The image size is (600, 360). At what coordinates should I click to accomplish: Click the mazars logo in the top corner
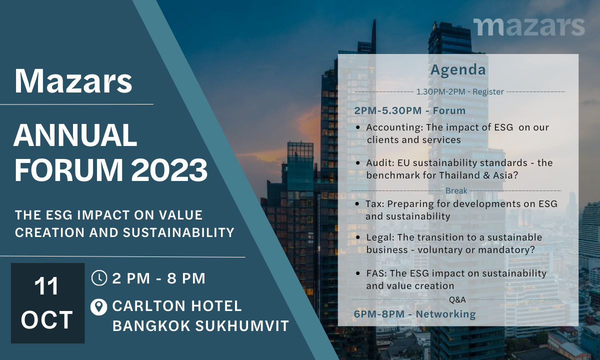coord(529,27)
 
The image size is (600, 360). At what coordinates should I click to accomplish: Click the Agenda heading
coord(458,70)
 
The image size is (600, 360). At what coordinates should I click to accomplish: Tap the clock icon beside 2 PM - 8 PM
coord(99,278)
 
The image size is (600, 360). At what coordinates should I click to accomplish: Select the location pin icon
coord(99,307)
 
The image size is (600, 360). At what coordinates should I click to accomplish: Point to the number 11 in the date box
coord(46,286)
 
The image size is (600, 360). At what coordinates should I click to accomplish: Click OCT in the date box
coord(47,320)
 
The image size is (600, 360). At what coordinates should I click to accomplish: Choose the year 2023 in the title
coord(169,170)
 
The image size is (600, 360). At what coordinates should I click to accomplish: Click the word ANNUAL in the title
coord(75,135)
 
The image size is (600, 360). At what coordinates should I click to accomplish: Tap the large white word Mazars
coord(73,81)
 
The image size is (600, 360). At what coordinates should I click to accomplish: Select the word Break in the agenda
coord(456,190)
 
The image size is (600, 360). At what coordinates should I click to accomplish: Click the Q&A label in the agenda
coord(457,299)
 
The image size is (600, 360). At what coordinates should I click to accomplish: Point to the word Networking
coord(445,314)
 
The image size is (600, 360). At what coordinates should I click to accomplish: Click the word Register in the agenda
coord(488,92)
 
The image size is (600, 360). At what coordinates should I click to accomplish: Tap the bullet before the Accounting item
coord(358,127)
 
